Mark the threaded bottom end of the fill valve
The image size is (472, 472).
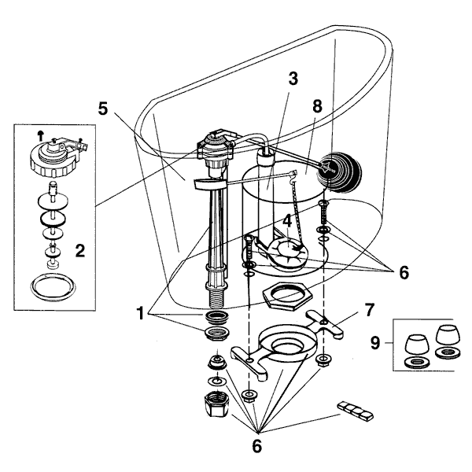(215, 297)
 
